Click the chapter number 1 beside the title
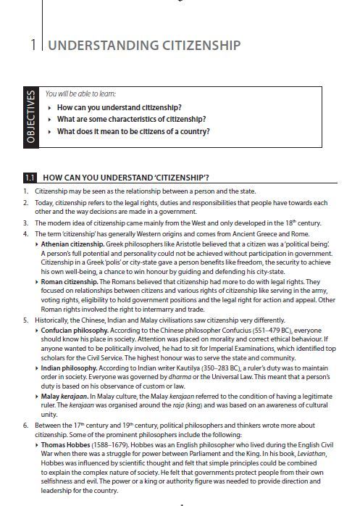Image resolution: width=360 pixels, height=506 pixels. point(33,46)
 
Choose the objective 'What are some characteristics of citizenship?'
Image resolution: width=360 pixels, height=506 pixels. point(131,119)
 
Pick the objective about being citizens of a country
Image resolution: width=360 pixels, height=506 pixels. point(133,131)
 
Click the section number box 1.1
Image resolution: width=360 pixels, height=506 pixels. point(30,176)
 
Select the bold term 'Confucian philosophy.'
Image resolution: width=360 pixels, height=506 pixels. point(78,328)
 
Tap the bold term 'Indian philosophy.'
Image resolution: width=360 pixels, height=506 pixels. point(71,367)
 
